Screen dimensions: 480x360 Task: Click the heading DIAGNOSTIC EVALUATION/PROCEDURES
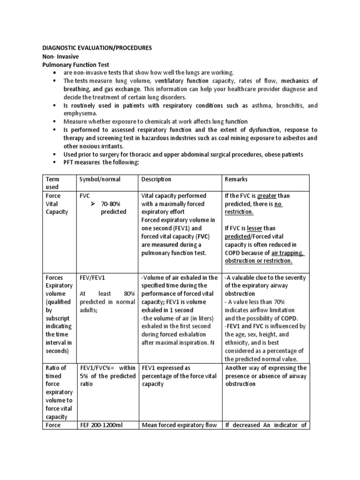tap(97, 48)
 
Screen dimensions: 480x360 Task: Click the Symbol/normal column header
tap(100, 180)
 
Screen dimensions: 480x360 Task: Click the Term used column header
tap(53, 183)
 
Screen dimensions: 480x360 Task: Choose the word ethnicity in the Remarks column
tap(240, 343)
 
